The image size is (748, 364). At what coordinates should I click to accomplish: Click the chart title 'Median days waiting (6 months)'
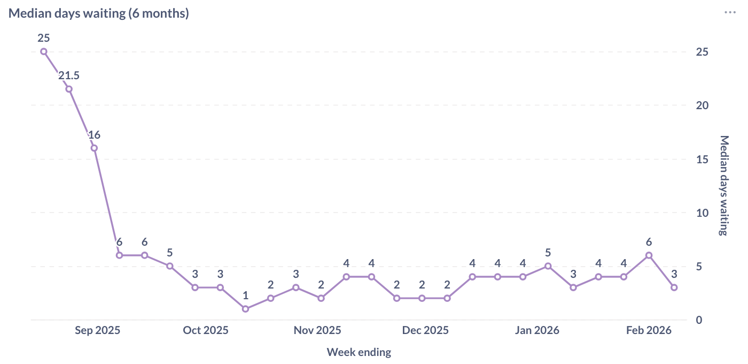coord(99,13)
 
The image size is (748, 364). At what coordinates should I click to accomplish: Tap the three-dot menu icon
coord(730,12)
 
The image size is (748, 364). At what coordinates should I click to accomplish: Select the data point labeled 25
coord(44,51)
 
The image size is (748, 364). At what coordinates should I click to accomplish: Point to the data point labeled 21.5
coord(69,89)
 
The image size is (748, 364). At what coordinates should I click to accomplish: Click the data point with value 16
coord(94,148)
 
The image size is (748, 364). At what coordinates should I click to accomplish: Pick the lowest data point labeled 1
coord(245,309)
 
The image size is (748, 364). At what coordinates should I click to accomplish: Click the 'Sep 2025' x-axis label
coord(97,330)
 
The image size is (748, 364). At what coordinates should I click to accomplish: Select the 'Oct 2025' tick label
coord(206,330)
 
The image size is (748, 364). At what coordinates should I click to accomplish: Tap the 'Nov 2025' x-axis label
coord(317,330)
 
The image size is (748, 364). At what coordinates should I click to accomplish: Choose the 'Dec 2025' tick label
coord(425,330)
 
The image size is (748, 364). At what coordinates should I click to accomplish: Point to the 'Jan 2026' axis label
coord(537,330)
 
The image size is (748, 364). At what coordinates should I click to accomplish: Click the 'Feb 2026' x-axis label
coord(649,330)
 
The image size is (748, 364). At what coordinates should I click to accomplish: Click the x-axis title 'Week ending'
coord(359,352)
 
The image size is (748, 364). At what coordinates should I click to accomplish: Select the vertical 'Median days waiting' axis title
coord(724,185)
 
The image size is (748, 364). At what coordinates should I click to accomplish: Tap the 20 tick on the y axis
coord(702,105)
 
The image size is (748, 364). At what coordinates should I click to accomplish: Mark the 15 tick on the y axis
coord(702,159)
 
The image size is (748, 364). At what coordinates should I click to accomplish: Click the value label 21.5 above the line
coord(69,76)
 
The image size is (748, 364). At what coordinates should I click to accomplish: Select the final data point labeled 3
coord(674,287)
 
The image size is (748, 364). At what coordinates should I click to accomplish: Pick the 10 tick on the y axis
coord(702,213)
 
